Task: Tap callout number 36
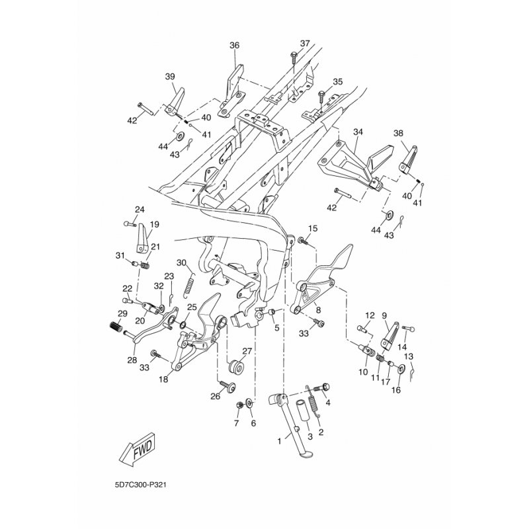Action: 234,46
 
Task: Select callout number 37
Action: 304,44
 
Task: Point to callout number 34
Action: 358,132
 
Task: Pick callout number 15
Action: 313,229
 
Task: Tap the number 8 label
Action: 317,309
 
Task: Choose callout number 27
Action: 247,351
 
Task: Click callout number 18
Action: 163,380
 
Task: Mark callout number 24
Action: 139,210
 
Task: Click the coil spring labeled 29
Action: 117,327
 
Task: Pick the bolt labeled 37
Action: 292,61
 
